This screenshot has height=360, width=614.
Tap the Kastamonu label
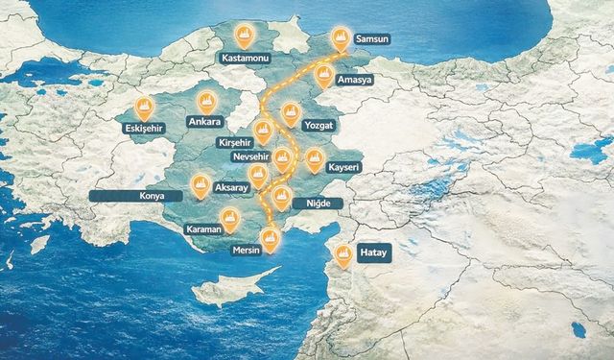(x=246, y=58)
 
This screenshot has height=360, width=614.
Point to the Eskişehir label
(x=144, y=127)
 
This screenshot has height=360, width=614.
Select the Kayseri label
(x=342, y=167)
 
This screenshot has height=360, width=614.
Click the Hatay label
(x=371, y=253)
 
